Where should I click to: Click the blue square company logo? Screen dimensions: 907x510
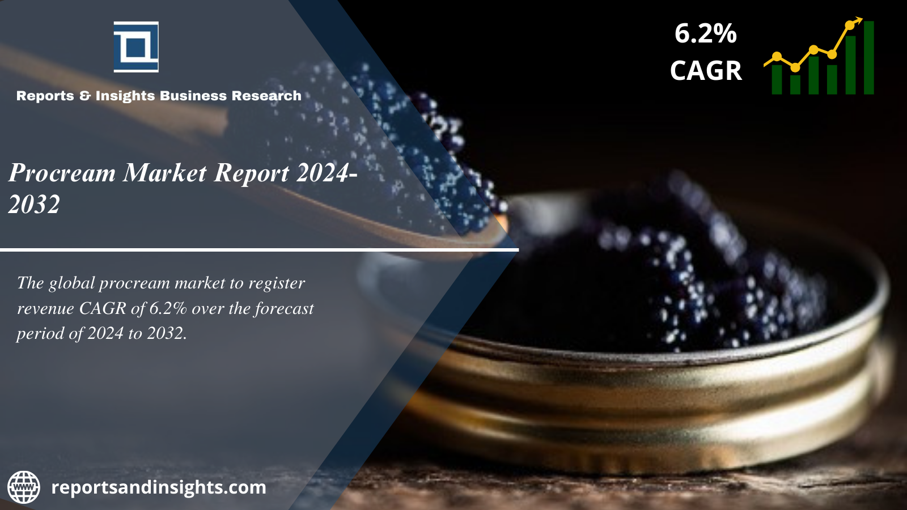136,47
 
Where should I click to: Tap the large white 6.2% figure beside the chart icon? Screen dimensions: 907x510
705,33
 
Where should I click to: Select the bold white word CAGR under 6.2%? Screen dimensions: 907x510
706,70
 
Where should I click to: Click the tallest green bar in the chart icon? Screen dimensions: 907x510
869,57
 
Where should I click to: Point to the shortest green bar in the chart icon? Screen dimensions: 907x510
795,84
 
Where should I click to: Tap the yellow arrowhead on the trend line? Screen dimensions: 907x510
858,20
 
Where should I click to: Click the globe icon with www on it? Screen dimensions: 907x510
24,487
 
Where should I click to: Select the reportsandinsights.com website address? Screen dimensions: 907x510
159,487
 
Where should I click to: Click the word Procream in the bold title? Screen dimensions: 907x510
62,173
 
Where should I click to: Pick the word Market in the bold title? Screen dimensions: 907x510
164,172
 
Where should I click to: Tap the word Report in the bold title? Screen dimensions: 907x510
251,173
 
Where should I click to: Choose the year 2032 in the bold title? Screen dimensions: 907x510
34,203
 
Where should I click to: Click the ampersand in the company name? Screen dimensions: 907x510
85,96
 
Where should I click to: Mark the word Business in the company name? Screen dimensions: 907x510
193,96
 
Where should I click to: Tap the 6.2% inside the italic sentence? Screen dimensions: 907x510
168,308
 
